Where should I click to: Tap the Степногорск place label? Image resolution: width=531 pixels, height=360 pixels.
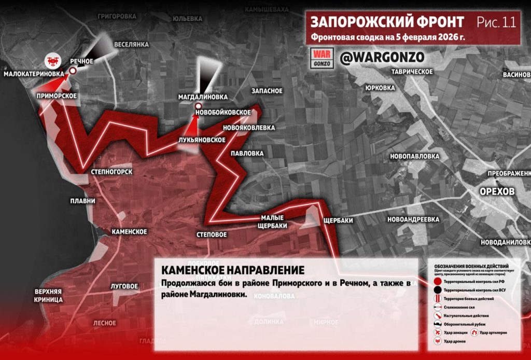point(111,172)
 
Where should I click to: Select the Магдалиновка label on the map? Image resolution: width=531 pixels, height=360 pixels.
point(203,96)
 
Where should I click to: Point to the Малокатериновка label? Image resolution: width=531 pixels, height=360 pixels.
point(34,74)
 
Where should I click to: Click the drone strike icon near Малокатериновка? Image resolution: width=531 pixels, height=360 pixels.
point(52,61)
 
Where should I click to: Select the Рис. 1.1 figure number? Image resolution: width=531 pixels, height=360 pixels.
point(496,22)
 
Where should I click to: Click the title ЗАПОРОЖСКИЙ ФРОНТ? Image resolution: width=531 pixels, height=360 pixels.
point(387,22)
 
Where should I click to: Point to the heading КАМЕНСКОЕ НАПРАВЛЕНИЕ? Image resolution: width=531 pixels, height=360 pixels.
point(232,270)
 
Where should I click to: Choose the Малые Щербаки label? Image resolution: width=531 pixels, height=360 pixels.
point(272,221)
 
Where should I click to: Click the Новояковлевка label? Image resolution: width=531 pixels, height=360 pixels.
point(249,127)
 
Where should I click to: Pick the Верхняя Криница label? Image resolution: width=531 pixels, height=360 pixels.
point(49,295)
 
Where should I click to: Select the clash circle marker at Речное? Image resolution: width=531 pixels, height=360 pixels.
point(73,71)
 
